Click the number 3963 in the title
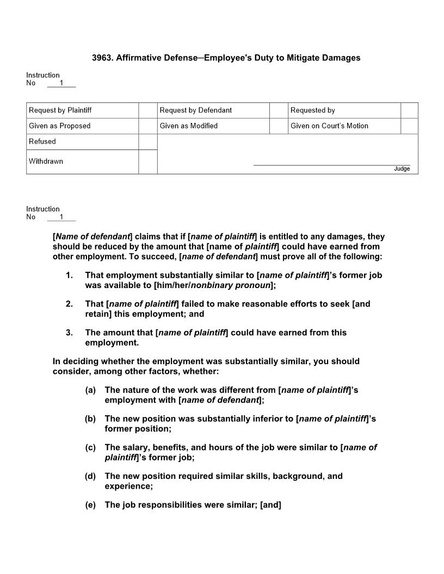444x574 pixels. pyautogui.click(x=102, y=58)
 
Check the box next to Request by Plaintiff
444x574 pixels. pyautogui.click(x=147, y=110)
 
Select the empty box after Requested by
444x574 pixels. pyautogui.click(x=409, y=110)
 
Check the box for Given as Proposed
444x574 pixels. pyautogui.click(x=147, y=126)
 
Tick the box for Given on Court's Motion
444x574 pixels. pyautogui.click(x=409, y=126)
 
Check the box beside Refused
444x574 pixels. pyautogui.click(x=147, y=142)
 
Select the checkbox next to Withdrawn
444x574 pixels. pyautogui.click(x=147, y=161)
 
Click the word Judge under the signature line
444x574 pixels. pyautogui.click(x=402, y=169)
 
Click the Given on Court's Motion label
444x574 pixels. pyautogui.click(x=329, y=126)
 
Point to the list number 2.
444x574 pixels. pyautogui.click(x=69, y=304)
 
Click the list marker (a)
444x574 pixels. pyautogui.click(x=90, y=390)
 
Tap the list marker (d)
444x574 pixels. pyautogui.click(x=90, y=476)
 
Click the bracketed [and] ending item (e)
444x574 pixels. pyautogui.click(x=270, y=505)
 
